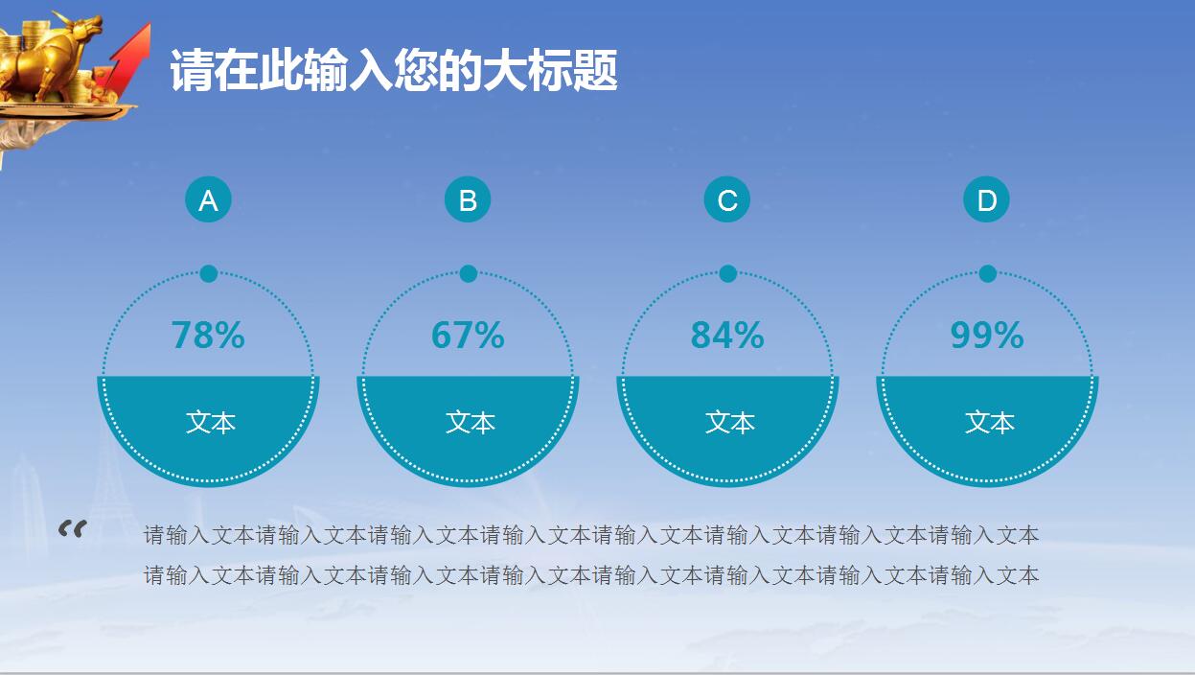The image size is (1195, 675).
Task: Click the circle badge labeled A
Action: click(208, 200)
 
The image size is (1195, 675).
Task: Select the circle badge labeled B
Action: click(468, 200)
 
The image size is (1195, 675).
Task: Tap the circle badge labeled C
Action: click(727, 200)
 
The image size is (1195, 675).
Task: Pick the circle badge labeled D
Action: click(986, 200)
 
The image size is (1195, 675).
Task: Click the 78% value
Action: click(208, 336)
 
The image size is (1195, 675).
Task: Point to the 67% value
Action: click(468, 336)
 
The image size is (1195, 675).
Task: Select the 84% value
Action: click(727, 336)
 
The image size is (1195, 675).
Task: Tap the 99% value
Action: click(987, 336)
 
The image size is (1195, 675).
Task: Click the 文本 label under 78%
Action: click(211, 423)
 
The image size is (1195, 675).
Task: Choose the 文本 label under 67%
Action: click(471, 423)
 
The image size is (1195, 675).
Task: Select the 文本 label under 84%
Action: click(730, 423)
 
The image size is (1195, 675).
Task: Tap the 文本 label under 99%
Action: click(990, 423)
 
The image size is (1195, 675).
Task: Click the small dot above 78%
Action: click(209, 274)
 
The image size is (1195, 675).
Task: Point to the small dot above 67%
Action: click(469, 274)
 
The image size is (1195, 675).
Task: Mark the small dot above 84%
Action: click(728, 274)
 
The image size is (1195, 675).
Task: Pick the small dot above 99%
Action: click(988, 274)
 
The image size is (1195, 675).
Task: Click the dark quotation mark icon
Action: click(72, 528)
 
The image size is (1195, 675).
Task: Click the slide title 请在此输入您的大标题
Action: click(394, 72)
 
